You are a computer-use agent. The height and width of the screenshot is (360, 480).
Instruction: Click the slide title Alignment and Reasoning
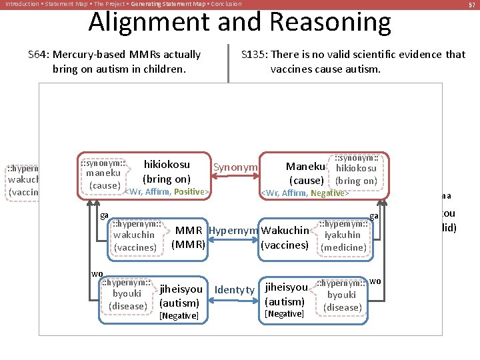tap(239, 23)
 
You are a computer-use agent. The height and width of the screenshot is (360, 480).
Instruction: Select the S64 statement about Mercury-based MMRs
tap(114, 61)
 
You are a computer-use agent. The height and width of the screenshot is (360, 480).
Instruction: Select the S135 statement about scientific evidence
tap(353, 61)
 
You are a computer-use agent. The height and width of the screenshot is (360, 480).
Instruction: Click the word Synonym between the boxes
tap(236, 167)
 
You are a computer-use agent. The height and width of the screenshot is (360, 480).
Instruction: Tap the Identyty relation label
tap(235, 290)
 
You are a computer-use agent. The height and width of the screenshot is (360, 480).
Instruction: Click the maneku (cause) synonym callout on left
tap(103, 173)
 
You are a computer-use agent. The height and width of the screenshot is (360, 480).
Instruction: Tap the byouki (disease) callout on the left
tap(127, 295)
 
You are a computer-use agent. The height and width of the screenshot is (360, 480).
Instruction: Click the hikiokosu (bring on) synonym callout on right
tap(356, 169)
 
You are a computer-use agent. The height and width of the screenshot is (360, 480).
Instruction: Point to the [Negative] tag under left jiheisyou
tap(179, 315)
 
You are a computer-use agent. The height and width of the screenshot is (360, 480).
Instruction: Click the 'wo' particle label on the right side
tap(375, 281)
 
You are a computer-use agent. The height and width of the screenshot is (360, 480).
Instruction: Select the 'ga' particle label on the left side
tap(104, 215)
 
